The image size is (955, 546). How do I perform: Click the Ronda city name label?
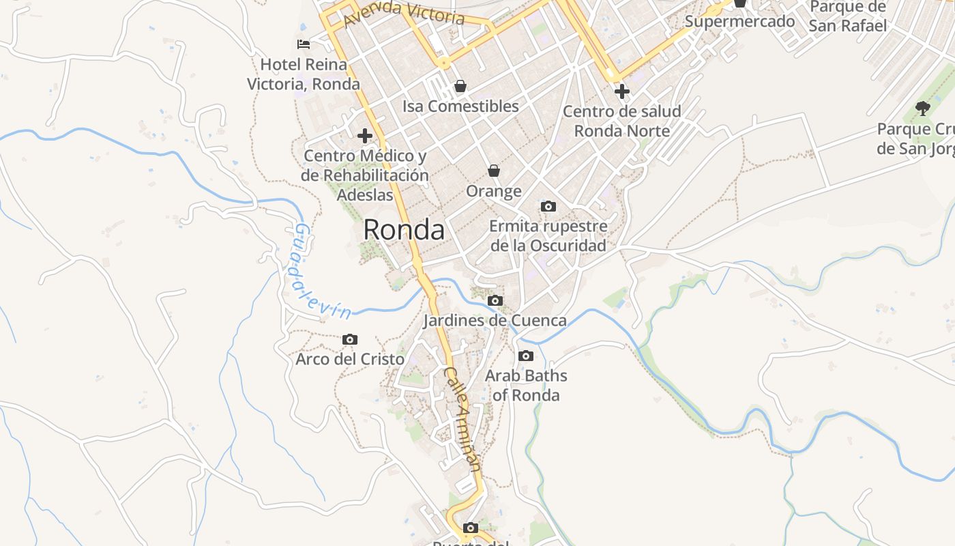[x=404, y=230]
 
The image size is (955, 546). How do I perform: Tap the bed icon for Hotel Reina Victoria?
[x=304, y=45]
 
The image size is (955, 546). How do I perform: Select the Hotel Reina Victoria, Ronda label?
[x=304, y=74]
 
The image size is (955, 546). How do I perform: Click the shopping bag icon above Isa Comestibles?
[x=460, y=86]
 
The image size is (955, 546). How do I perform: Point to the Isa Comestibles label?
[x=460, y=106]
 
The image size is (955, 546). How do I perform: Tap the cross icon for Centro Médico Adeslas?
[x=365, y=135]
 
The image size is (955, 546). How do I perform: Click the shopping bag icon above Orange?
[x=493, y=171]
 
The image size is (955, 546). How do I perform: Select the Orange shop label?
[x=493, y=191]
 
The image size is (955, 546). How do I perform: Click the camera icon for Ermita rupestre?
[x=548, y=206]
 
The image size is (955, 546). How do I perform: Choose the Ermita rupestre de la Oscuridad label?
[x=548, y=235]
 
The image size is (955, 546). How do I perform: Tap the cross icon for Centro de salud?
[x=621, y=91]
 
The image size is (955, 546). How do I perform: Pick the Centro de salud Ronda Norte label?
[x=621, y=121]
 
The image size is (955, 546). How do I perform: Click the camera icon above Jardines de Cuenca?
[x=495, y=300]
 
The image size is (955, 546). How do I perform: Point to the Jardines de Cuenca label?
[x=495, y=321]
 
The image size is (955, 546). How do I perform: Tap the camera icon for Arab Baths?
[x=525, y=356]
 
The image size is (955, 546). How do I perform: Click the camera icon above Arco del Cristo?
[x=350, y=339]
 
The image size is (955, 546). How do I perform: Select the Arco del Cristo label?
[x=350, y=359]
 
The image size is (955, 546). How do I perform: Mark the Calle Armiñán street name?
[x=463, y=418]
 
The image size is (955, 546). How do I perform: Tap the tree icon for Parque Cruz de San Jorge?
[x=922, y=108]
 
